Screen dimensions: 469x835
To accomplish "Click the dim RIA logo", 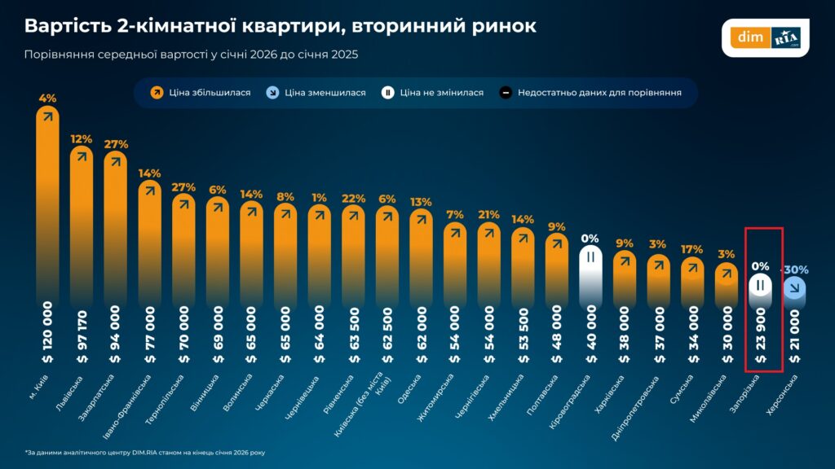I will pyautogui.click(x=765, y=37).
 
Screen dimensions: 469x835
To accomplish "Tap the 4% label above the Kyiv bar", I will pyautogui.click(x=47, y=99).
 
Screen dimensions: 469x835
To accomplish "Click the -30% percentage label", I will pyautogui.click(x=797, y=270).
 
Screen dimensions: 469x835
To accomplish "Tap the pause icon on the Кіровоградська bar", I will pyautogui.click(x=590, y=257).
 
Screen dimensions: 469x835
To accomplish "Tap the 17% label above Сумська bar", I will pyautogui.click(x=692, y=250).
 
